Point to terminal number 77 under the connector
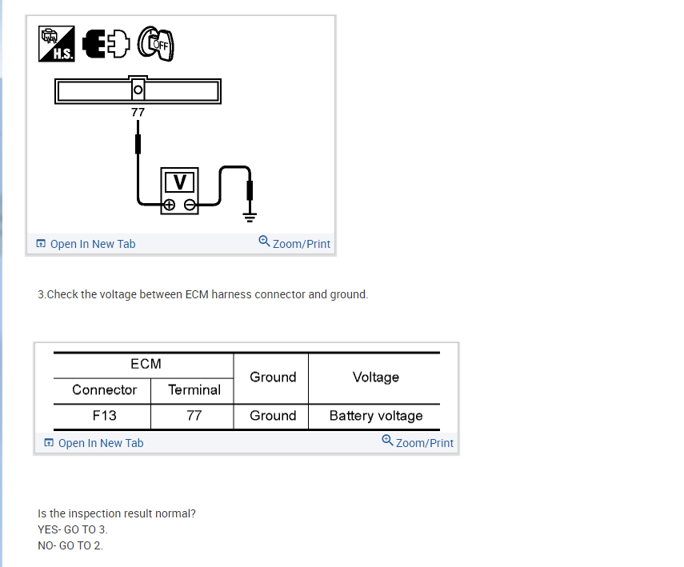point(138,113)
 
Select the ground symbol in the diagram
point(249,214)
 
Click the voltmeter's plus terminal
point(169,205)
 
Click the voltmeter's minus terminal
point(190,205)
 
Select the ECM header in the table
point(146,364)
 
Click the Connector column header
point(104,390)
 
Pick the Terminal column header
point(194,390)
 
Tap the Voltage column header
point(375,377)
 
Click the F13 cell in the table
point(104,416)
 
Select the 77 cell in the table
point(194,416)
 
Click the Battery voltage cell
point(375,416)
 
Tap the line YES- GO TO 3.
point(73,529)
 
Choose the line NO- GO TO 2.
point(70,545)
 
